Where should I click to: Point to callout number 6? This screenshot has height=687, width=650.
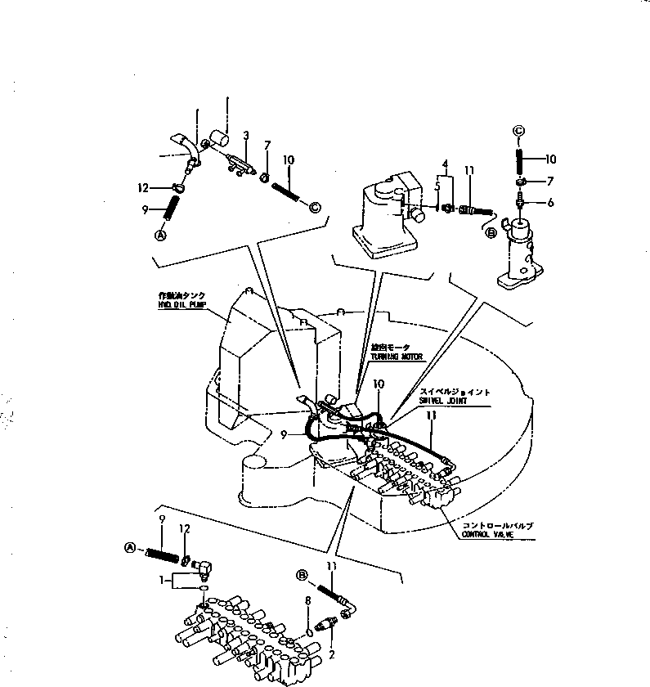pos(550,202)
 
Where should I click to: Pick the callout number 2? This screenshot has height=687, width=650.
pos(331,654)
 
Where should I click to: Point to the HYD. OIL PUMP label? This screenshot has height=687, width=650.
pos(181,303)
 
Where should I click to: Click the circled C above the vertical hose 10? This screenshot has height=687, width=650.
pos(518,130)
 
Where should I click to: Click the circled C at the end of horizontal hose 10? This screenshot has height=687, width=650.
pos(316,205)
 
